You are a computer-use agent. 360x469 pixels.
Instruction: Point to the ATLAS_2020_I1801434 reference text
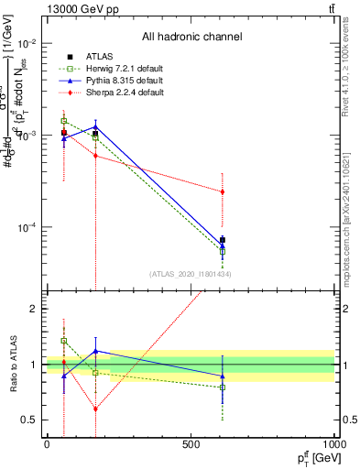[x=191, y=274]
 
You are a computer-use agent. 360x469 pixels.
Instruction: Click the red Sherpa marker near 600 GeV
[x=223, y=191]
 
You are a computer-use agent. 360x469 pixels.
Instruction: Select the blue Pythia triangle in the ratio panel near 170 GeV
[x=95, y=351]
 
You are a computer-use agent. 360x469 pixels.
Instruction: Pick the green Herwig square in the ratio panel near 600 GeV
[x=223, y=387]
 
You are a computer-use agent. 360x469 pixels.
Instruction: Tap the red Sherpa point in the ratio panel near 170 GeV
[x=95, y=409]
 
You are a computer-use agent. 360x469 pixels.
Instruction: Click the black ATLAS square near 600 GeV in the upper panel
[x=223, y=240]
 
